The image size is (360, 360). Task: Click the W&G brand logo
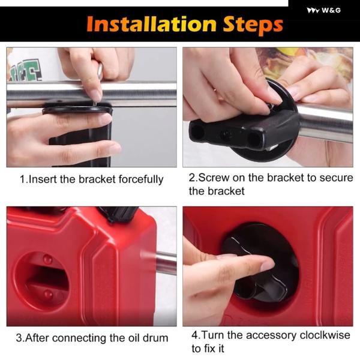tap(324, 10)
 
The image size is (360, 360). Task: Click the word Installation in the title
tap(152, 24)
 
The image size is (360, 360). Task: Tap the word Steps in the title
tap(253, 25)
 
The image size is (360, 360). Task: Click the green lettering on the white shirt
tap(26, 70)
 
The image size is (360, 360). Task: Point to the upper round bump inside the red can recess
tap(47, 259)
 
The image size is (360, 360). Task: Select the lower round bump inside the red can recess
tap(49, 294)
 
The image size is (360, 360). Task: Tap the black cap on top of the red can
tap(117, 214)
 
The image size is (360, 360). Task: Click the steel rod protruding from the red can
tap(166, 263)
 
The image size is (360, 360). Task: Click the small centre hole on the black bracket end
tap(227, 134)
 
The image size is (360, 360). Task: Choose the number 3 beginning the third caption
tap(19, 338)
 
